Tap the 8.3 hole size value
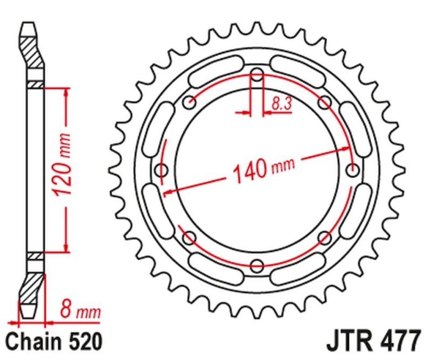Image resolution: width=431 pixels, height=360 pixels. (281, 104)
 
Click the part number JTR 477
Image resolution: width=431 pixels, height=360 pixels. (372, 342)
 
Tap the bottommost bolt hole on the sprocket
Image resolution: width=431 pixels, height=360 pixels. (258, 266)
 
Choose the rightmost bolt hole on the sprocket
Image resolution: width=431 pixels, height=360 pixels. (353, 170)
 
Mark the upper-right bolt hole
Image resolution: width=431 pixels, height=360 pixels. (325, 102)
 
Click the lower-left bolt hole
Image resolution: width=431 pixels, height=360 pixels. (189, 238)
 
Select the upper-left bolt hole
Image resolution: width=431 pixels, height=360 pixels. (189, 102)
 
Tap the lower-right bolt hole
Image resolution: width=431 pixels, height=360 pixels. (325, 238)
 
